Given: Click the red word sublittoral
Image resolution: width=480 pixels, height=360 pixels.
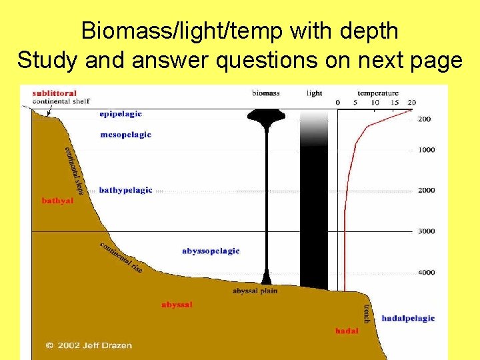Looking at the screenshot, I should [x=55, y=93].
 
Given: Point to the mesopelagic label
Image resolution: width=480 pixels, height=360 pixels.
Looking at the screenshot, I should [x=125, y=135].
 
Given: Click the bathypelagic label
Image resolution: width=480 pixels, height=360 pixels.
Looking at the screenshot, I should [x=125, y=191].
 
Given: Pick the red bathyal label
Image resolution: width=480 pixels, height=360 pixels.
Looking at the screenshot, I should [x=57, y=200].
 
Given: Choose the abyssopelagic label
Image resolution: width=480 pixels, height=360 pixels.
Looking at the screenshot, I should [x=211, y=251].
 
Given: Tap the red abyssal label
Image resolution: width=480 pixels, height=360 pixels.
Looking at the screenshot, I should [x=177, y=305].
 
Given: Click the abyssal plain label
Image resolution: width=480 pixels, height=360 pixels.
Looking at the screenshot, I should [x=255, y=291].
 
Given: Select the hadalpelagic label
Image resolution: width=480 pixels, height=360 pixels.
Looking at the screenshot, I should [x=408, y=318].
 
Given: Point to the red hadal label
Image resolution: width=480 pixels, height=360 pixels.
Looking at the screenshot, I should [x=347, y=331].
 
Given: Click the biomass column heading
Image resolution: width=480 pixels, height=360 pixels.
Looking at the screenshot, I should [x=266, y=93].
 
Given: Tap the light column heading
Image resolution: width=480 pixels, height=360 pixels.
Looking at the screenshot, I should [x=314, y=93].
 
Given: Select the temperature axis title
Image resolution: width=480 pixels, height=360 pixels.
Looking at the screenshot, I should [x=378, y=93].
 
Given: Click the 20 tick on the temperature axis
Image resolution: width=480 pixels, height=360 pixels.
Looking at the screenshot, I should [x=411, y=102].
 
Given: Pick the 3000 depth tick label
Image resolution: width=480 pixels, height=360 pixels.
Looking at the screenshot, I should [x=426, y=231].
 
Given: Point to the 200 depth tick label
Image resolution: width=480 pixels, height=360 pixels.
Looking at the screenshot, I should [x=425, y=119].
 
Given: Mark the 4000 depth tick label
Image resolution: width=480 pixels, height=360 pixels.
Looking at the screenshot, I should [x=426, y=272].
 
